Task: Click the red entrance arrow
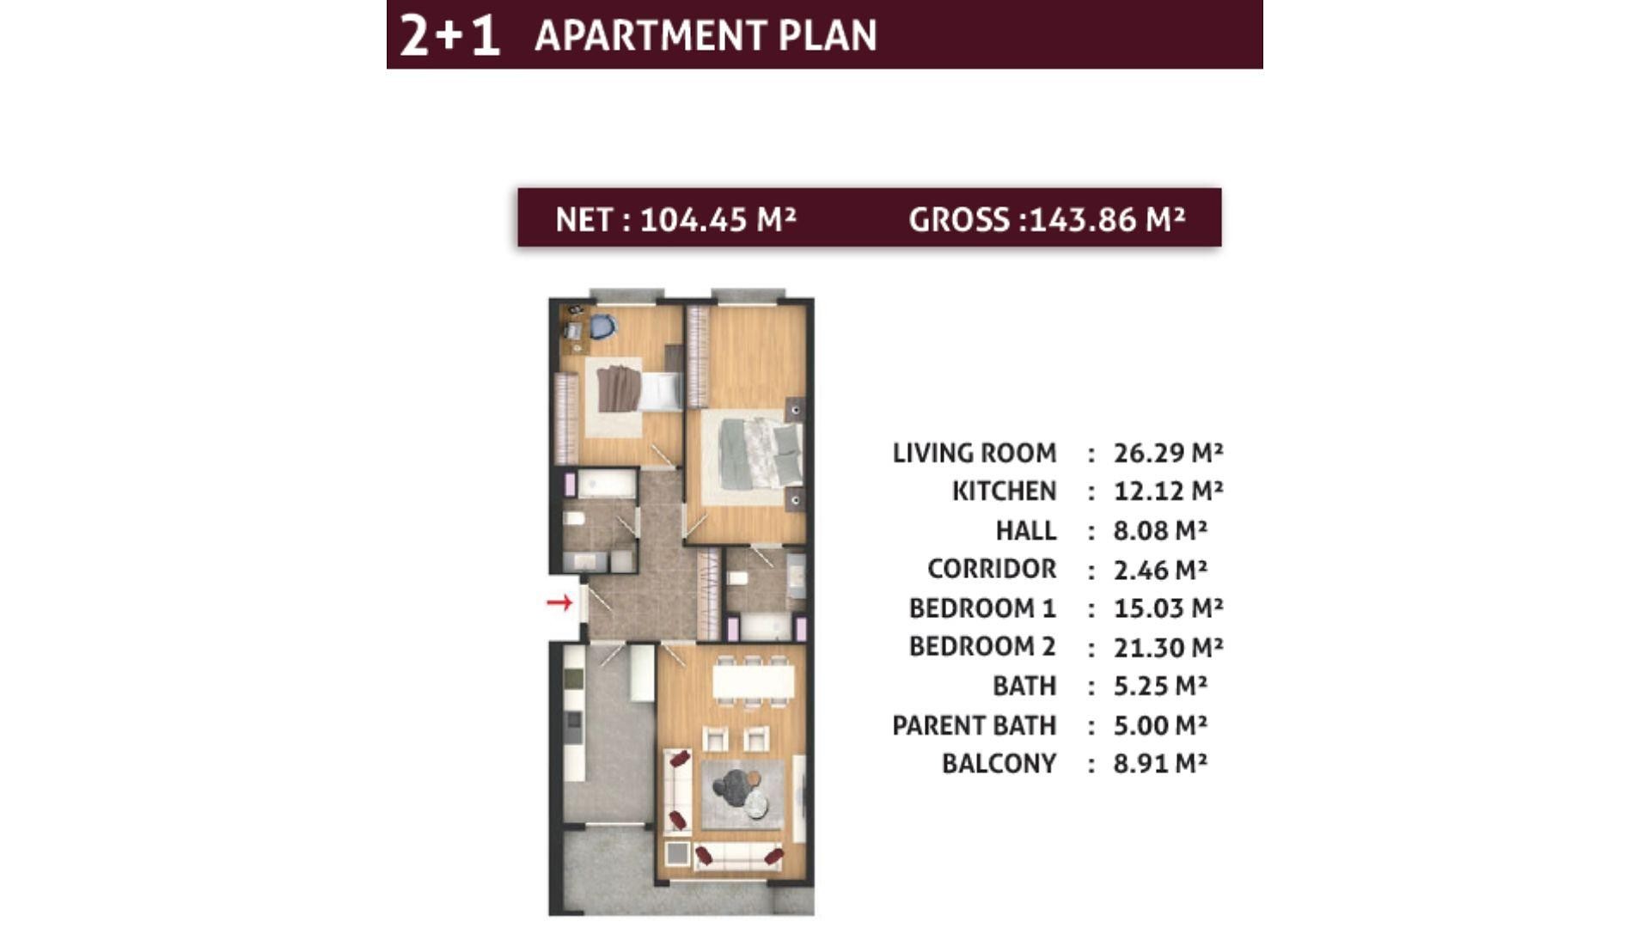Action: coord(559,603)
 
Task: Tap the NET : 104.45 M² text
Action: coord(675,220)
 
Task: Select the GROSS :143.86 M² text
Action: coord(1047,220)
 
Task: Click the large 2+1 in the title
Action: coord(449,36)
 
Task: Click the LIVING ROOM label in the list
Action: coord(975,453)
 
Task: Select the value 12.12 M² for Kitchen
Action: coord(1168,491)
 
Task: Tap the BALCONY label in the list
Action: coord(999,764)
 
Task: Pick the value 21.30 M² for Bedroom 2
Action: coord(1168,646)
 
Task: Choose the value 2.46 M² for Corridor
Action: coord(1160,569)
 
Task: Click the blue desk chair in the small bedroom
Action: coord(602,327)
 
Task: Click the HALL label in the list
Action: coord(1026,531)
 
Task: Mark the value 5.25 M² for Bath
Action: coord(1160,686)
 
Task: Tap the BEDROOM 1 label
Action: coord(982,608)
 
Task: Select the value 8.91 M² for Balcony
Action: coord(1160,763)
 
